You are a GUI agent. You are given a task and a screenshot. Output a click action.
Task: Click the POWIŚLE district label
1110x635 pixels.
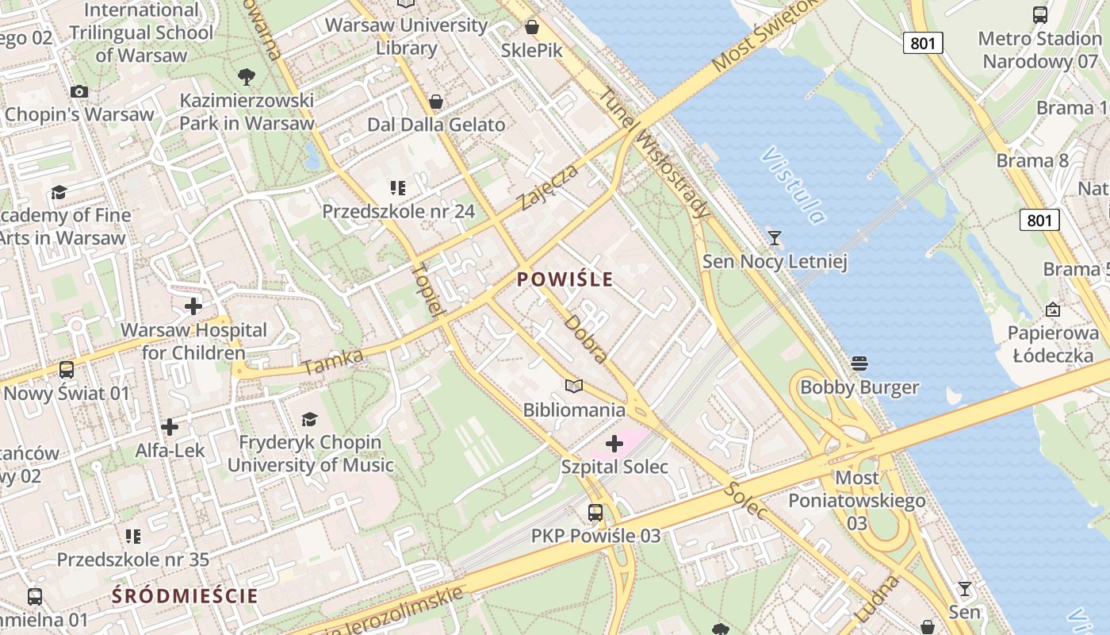click(565, 279)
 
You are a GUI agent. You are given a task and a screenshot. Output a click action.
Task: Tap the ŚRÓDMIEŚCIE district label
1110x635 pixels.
click(185, 595)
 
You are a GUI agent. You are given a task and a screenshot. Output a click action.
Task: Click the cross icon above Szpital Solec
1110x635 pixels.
click(614, 444)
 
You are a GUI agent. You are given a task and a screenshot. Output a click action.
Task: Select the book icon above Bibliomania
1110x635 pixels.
click(573, 386)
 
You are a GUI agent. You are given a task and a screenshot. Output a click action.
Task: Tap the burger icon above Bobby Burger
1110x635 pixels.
click(859, 364)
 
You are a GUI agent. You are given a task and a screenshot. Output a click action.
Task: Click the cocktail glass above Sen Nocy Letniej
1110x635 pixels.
click(775, 237)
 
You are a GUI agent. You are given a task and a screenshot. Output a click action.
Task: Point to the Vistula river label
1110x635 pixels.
click(793, 185)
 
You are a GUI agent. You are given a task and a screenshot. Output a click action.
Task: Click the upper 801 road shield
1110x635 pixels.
click(923, 43)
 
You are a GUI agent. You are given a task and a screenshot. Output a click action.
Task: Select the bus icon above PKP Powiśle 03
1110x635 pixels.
click(595, 513)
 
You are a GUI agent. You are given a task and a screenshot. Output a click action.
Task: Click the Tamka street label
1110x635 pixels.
click(333, 361)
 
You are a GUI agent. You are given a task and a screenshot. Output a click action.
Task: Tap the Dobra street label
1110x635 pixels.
click(587, 339)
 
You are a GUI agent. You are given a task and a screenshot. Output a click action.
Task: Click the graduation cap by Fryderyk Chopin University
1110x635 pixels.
click(310, 419)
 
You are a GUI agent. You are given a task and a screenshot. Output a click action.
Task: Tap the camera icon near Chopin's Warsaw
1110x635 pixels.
click(78, 91)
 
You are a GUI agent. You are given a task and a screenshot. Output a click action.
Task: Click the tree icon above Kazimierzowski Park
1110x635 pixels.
click(247, 77)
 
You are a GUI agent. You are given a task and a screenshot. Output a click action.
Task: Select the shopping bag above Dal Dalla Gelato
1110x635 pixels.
click(435, 102)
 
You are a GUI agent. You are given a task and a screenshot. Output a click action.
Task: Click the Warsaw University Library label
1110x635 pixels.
click(406, 37)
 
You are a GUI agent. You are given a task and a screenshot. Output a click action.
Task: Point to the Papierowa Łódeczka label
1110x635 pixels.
click(1053, 344)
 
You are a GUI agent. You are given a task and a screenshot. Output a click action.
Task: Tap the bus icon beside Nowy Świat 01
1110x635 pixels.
click(67, 370)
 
